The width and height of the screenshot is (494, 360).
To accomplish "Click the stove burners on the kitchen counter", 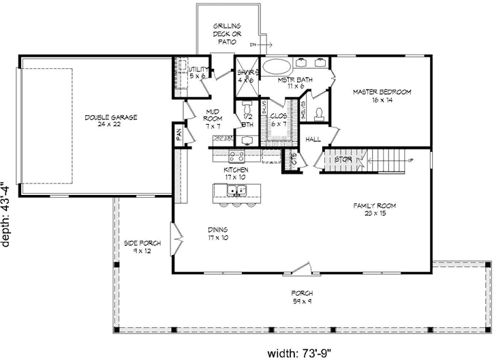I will pos(221,138).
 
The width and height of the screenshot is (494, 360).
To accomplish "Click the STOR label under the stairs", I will pos(342,160).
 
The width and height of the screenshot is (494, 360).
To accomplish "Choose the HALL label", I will pos(313,139).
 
